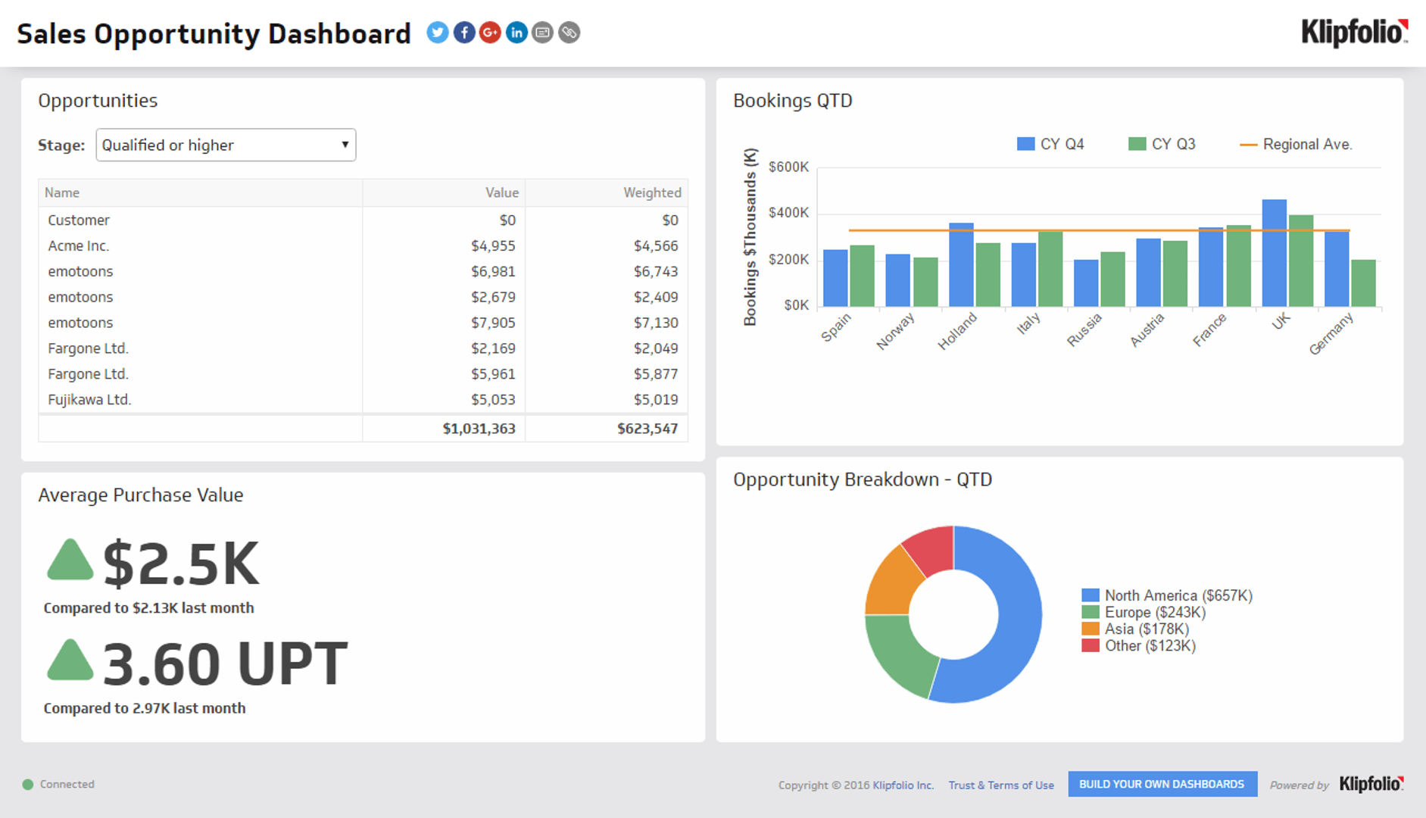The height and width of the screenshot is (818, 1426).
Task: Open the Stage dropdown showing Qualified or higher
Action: pos(226,145)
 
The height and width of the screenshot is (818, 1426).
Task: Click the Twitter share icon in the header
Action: pos(437,33)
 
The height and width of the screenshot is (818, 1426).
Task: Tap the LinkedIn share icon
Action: pos(516,33)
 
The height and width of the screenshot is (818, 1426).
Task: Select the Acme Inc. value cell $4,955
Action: pos(492,246)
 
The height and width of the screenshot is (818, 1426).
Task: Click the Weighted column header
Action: pos(651,192)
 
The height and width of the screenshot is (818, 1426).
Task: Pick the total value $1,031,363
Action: pos(479,429)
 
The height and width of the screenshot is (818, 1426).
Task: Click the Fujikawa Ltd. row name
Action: pos(89,400)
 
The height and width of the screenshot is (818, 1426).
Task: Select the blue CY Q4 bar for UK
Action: pos(1274,254)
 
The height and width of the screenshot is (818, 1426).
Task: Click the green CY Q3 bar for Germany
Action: pos(1363,283)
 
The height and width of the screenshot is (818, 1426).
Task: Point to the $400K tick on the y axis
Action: pos(788,213)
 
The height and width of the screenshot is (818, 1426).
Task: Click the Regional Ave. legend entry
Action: pos(1297,144)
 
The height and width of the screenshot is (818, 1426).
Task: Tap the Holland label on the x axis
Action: pos(957,332)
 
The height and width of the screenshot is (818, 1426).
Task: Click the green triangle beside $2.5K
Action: pos(70,561)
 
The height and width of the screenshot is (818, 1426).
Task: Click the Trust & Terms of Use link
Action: pos(1000,785)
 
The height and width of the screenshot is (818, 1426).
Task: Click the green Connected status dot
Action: pos(28,785)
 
